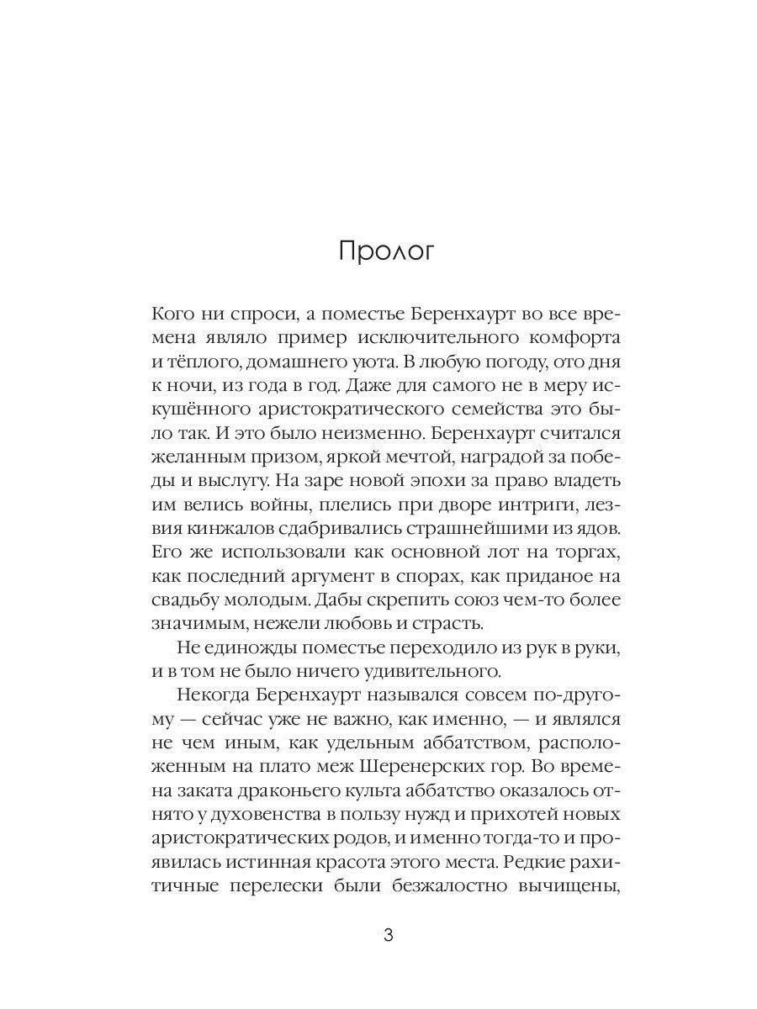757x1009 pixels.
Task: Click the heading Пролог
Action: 386,252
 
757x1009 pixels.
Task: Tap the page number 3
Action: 388,936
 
